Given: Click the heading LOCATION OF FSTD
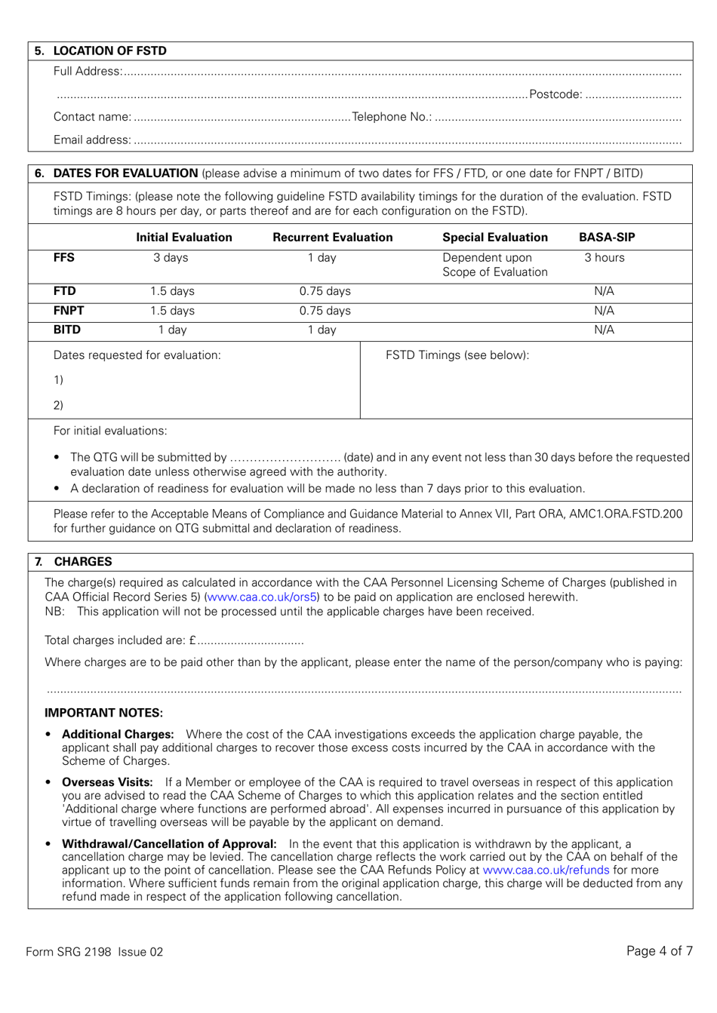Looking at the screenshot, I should click(109, 51).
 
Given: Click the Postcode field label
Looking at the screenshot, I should click(555, 95).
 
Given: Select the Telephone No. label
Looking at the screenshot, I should click(392, 117).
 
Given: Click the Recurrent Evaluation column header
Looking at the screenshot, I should click(332, 238).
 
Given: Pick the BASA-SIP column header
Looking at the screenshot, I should click(606, 238).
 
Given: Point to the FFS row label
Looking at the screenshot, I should click(64, 258).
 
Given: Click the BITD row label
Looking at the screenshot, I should click(66, 330).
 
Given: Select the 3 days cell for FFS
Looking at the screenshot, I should click(171, 258).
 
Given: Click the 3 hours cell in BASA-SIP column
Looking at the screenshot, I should click(604, 258).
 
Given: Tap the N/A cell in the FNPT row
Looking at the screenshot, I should click(604, 311).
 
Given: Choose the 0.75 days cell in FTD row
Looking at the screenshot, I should click(325, 291).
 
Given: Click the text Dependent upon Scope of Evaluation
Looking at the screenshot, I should click(494, 265).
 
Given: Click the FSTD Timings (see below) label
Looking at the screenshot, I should click(457, 355).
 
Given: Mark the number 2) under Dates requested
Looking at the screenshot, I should click(58, 405).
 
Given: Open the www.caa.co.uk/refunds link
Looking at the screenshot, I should click(545, 870).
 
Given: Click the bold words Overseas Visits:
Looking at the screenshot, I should click(107, 783).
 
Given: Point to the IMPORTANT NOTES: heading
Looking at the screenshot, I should click(103, 714).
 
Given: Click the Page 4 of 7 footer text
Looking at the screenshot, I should click(659, 951).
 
